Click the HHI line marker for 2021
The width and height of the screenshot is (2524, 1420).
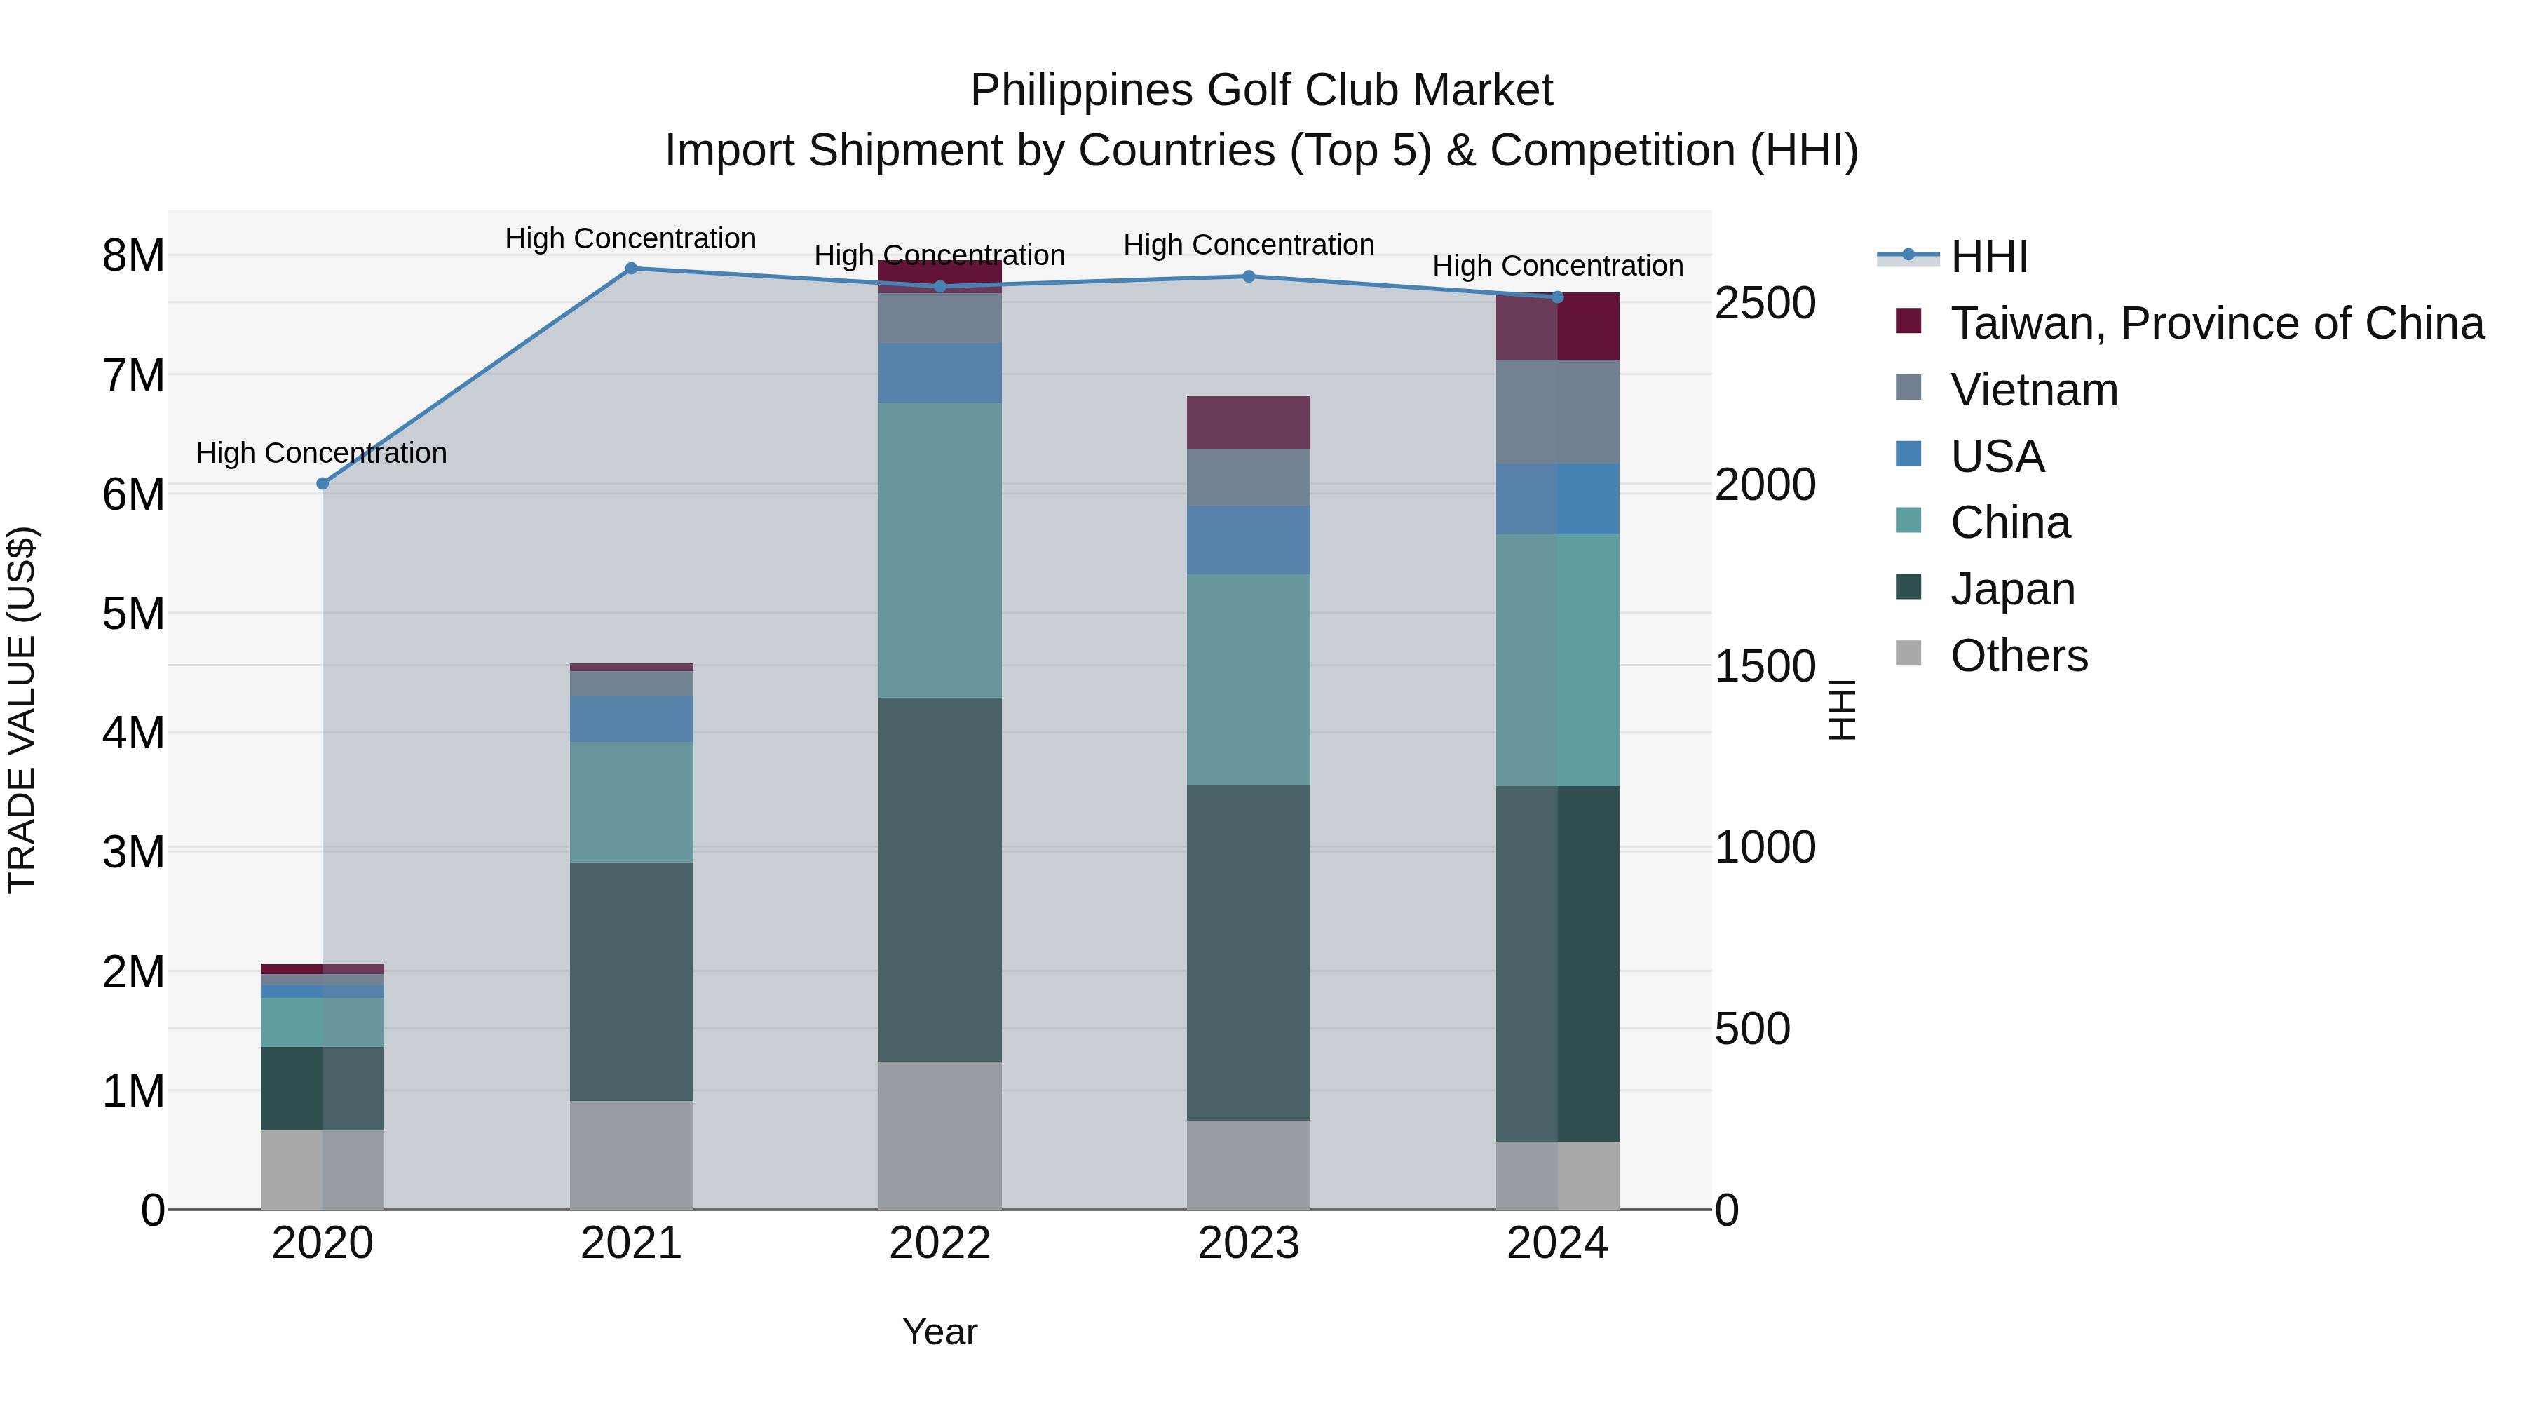click(x=631, y=269)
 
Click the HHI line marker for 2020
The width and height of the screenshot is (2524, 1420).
click(x=323, y=483)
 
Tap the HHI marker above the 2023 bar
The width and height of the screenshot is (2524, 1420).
click(x=1248, y=276)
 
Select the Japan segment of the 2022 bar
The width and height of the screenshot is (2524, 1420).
click(x=939, y=879)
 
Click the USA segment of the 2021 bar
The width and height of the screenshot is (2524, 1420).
click(x=631, y=718)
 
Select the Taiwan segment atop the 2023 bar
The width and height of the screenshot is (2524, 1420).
click(x=1248, y=422)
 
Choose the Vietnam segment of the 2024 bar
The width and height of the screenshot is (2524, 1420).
click(x=1557, y=412)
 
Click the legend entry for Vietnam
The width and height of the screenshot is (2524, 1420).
click(x=2033, y=390)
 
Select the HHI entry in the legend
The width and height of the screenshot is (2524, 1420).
click(x=1988, y=257)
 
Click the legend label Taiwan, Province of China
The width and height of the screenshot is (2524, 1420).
click(x=2216, y=323)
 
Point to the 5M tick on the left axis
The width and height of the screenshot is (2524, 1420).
click(x=133, y=614)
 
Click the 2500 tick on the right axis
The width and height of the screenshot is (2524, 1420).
click(x=1765, y=303)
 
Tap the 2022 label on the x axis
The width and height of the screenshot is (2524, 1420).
click(x=939, y=1243)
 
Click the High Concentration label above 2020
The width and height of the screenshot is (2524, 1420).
click(x=321, y=453)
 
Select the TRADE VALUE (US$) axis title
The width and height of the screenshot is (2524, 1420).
click(x=22, y=710)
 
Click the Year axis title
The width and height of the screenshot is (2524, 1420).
click(x=939, y=1332)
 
